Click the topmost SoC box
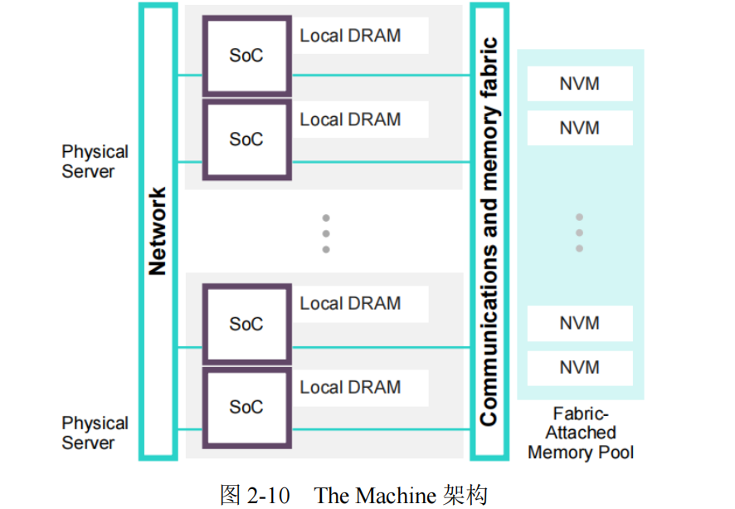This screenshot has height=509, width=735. pos(247,55)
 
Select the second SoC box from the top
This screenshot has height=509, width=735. pos(247,139)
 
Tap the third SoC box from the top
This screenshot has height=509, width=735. pos(247,324)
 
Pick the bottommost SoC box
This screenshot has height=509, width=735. pos(247,408)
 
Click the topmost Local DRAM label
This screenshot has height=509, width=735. pos(350,36)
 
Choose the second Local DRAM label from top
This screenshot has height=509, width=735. pos(350,120)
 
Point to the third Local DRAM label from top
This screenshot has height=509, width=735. pos(350,304)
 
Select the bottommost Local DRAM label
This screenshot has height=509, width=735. pos(350,388)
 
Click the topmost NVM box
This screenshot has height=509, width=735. pos(579,84)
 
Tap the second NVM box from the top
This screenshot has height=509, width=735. pos(579,129)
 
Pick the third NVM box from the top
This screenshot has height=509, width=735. pos(579,323)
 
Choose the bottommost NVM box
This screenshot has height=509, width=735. pos(579,368)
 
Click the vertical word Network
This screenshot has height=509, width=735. pos(158,231)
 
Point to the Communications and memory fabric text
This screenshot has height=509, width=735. pos(490,231)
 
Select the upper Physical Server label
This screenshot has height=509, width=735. pos(95,162)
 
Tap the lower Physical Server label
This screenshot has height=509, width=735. pos(95,433)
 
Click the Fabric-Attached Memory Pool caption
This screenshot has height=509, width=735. pos(580,433)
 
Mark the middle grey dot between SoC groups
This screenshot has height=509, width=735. pos(326,233)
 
